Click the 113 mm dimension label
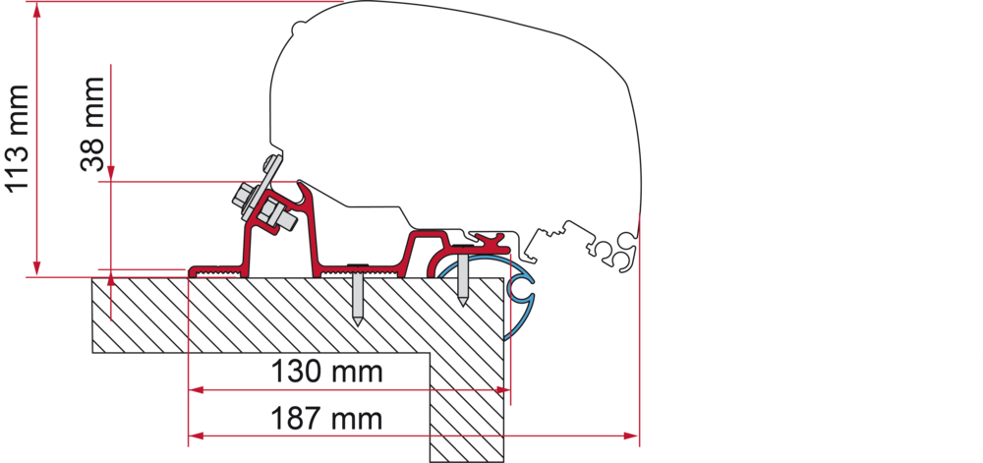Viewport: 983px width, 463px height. pyautogui.click(x=18, y=139)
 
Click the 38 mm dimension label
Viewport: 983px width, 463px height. pyautogui.click(x=92, y=124)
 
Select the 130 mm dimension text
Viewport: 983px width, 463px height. pyautogui.click(x=326, y=373)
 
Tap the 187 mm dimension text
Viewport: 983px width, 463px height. pyautogui.click(x=326, y=418)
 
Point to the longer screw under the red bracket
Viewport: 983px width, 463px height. pyautogui.click(x=357, y=293)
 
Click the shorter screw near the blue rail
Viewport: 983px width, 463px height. pyautogui.click(x=463, y=274)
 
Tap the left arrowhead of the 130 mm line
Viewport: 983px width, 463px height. pyautogui.click(x=197, y=390)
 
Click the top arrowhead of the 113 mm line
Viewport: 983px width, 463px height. pyautogui.click(x=37, y=11)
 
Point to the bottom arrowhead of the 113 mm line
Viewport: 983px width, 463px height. pyautogui.click(x=37, y=267)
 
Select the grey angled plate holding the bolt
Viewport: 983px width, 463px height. pyautogui.click(x=262, y=188)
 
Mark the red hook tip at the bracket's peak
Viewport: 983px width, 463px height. pyautogui.click(x=302, y=184)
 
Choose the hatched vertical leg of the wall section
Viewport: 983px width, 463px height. pyautogui.click(x=467, y=407)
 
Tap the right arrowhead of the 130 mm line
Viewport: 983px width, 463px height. pyautogui.click(x=502, y=390)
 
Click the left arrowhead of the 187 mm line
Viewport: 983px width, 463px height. pyautogui.click(x=197, y=435)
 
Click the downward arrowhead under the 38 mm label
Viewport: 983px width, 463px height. pyautogui.click(x=111, y=174)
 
